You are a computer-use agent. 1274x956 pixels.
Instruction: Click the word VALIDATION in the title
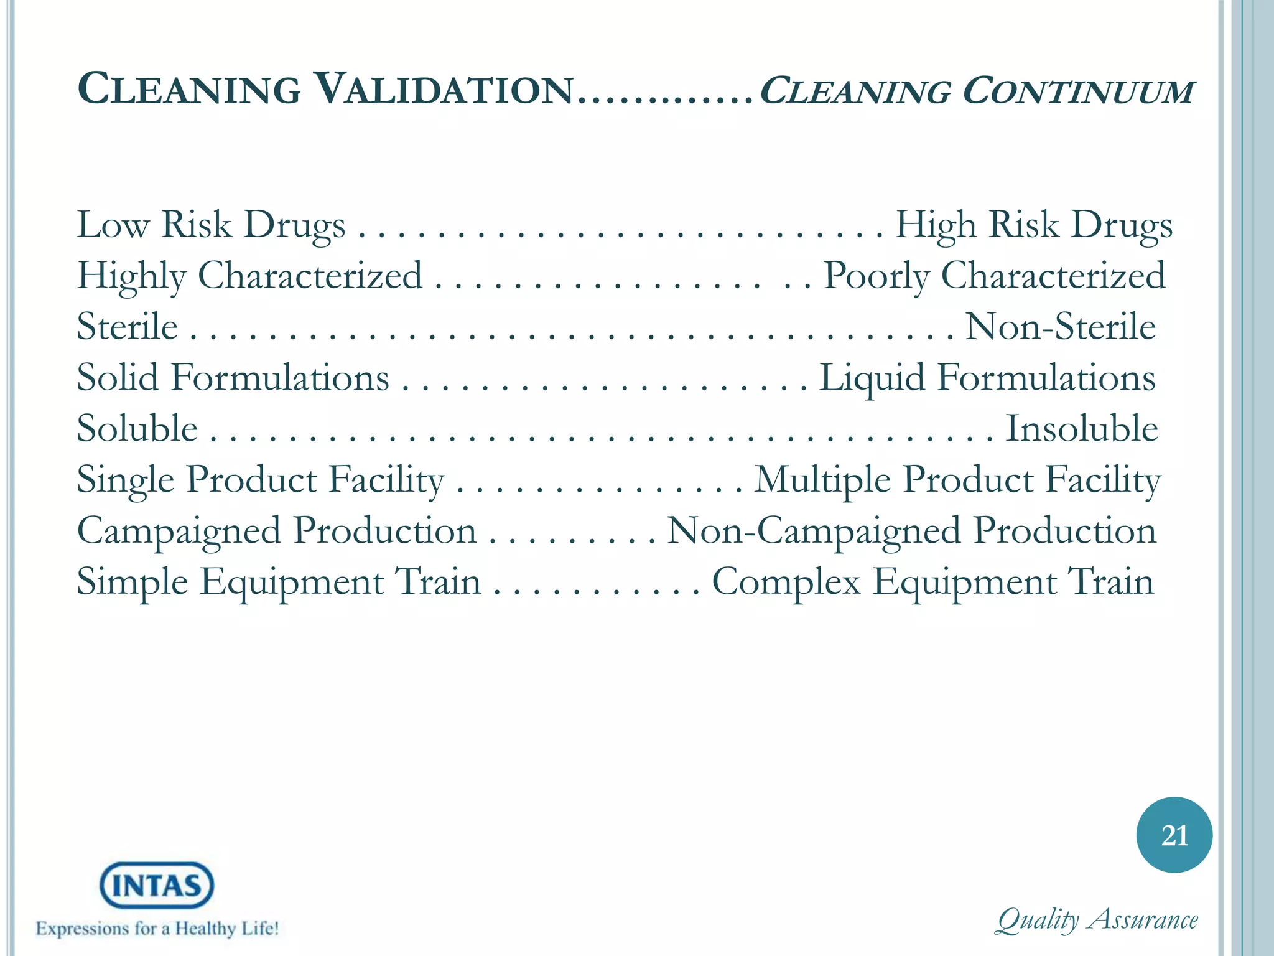444,90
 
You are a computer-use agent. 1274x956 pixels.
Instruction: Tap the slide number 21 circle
1174,835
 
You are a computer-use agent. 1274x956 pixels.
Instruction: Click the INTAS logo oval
157,885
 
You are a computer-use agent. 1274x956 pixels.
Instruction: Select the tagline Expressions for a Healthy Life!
157,929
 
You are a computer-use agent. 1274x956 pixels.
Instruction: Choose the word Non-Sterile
1060,327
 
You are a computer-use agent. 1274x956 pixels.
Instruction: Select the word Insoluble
1082,429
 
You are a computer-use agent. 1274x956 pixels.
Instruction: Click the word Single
126,481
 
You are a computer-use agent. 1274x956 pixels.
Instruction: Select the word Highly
131,276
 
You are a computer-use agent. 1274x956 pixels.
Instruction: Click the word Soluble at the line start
137,429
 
